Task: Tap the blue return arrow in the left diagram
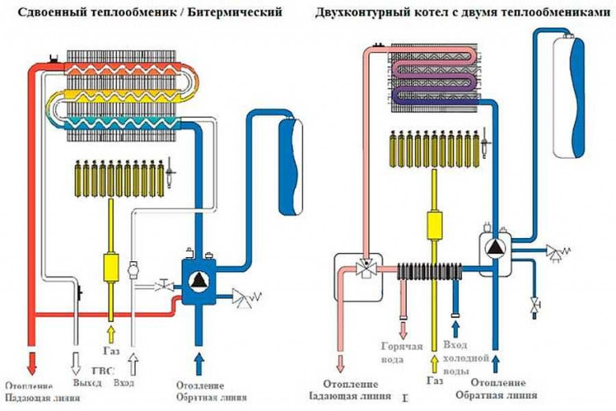(197, 355)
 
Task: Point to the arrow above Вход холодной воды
(456, 325)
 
